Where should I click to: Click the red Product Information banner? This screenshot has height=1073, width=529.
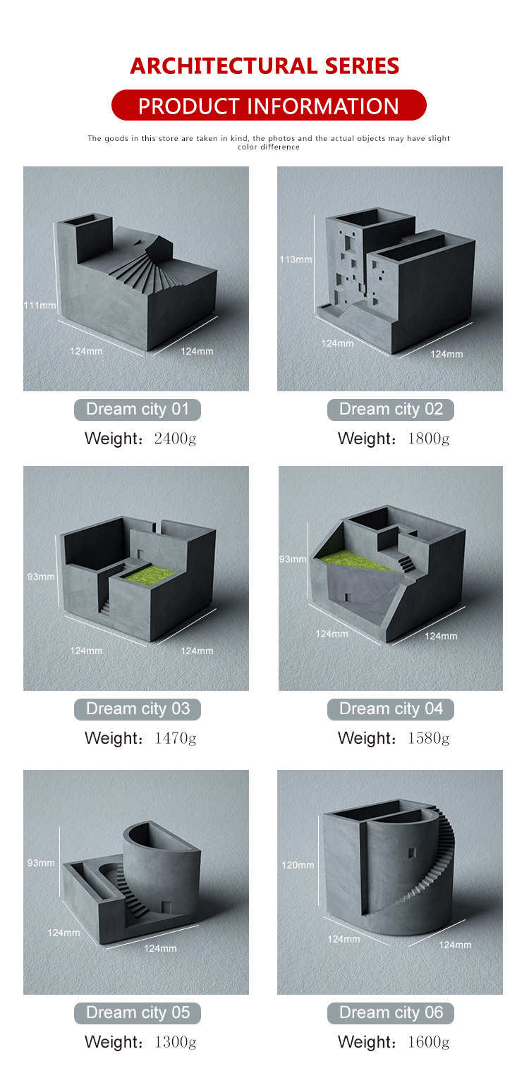pyautogui.click(x=269, y=105)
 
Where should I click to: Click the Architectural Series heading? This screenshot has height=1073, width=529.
pyautogui.click(x=264, y=66)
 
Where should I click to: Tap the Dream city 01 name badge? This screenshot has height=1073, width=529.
pyautogui.click(x=138, y=410)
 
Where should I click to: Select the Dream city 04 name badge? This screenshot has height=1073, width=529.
pyautogui.click(x=391, y=709)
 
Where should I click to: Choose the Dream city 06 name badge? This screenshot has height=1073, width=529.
pyautogui.click(x=391, y=1012)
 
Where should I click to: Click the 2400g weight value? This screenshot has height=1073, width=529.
pyautogui.click(x=176, y=439)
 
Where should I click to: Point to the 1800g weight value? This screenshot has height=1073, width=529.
pyautogui.click(x=429, y=439)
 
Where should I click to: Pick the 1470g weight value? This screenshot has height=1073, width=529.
pyautogui.click(x=176, y=738)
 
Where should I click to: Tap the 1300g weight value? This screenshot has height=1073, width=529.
pyautogui.click(x=176, y=1042)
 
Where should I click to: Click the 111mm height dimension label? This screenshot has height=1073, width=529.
pyautogui.click(x=39, y=305)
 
